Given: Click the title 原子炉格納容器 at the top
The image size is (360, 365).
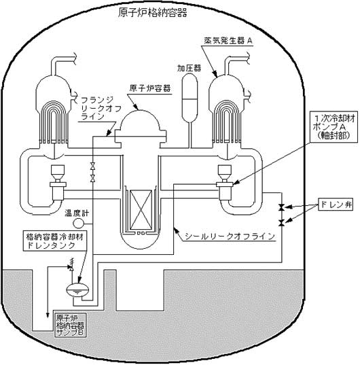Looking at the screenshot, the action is tap(152, 13).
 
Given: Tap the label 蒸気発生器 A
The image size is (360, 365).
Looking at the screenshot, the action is tap(228, 41).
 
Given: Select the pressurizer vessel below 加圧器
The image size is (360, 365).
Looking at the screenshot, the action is tap(190, 97).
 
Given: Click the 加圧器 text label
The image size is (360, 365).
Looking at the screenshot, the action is tap(189, 68).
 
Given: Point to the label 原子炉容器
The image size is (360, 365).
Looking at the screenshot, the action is tap(150, 88).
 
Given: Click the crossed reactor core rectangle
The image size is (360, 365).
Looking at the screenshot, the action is tap(141, 210).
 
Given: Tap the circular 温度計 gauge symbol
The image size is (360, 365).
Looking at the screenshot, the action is tap(78, 224).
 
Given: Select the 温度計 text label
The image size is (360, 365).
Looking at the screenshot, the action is tap(77, 213).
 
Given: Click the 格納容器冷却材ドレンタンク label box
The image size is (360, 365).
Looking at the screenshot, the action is tap(54, 241).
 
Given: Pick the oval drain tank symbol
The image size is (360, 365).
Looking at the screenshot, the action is tap(77, 290).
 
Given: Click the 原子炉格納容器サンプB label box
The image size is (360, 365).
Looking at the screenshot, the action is tap(70, 326).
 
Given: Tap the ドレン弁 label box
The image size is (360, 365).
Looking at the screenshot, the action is tap(336, 205).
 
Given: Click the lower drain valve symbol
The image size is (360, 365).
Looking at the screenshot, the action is tap(282, 223).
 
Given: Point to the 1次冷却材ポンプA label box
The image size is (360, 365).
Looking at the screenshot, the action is tap(334, 126).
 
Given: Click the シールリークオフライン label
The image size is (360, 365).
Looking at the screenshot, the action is tap(230, 237).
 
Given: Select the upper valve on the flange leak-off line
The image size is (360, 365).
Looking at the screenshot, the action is tap(93, 167).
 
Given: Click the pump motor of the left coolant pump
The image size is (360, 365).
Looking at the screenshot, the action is tap(58, 172).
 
